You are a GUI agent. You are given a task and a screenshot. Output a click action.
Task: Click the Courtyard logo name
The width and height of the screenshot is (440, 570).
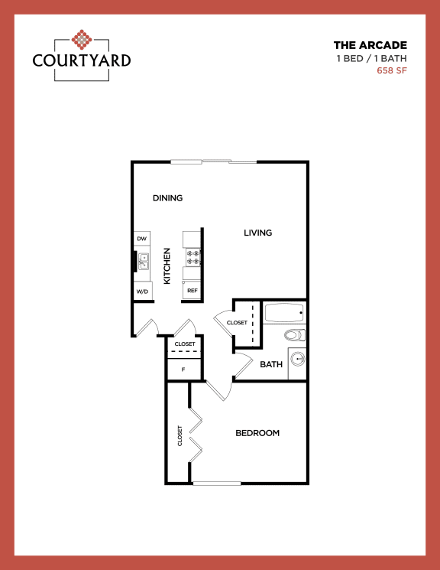point(82,60)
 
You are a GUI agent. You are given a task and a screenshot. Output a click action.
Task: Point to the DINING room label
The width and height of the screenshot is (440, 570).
point(167,198)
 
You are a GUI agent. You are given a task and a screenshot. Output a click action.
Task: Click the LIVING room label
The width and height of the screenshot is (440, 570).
point(258,233)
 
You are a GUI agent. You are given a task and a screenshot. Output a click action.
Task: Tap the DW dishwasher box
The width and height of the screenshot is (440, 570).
point(141,239)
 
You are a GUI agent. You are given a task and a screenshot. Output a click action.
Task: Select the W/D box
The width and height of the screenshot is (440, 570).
point(142,292)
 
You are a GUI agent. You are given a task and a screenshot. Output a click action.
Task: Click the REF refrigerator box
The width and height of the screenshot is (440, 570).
point(192,291)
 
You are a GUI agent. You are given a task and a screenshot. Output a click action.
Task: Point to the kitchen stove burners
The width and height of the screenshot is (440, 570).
point(192,257)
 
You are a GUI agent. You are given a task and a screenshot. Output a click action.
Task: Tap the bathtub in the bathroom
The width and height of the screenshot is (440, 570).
point(283,313)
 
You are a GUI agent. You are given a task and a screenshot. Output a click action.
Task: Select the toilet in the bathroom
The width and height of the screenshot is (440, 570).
point(294,334)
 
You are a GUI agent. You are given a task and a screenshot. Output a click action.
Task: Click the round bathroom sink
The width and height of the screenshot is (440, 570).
point(296,360)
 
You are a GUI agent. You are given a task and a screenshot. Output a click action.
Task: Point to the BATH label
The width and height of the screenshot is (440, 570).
point(271,364)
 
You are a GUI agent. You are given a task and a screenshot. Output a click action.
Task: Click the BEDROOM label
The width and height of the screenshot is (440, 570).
point(257,433)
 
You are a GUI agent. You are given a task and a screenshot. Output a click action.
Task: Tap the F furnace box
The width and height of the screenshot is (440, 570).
point(183,370)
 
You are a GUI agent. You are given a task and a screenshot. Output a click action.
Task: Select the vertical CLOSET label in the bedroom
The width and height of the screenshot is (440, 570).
point(180,435)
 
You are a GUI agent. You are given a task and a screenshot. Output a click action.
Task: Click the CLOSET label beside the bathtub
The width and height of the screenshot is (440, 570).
point(237,323)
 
